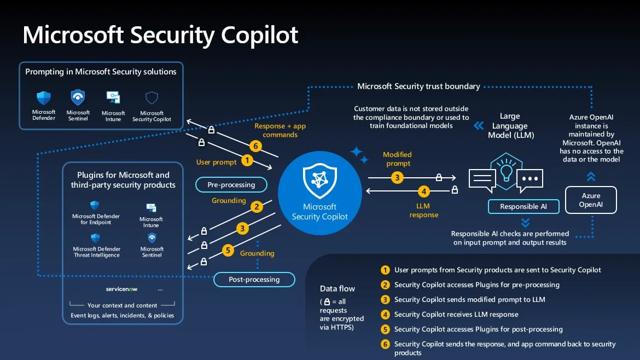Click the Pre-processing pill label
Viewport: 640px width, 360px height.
pyautogui.click(x=231, y=185)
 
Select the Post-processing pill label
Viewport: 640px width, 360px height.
pyautogui.click(x=254, y=279)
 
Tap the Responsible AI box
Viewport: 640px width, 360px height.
pyautogui.click(x=523, y=206)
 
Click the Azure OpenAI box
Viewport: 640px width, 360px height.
pyautogui.click(x=591, y=200)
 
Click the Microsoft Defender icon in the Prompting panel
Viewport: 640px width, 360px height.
pyautogui.click(x=44, y=98)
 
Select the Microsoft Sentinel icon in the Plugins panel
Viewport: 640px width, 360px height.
pyautogui.click(x=152, y=238)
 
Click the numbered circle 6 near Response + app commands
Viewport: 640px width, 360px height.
pyautogui.click(x=254, y=146)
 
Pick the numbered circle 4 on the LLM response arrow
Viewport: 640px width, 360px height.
pyautogui.click(x=423, y=191)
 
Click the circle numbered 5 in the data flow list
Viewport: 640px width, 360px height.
pyautogui.click(x=386, y=329)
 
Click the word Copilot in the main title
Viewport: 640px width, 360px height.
pyautogui.click(x=260, y=34)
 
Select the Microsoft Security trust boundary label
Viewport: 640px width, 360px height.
pyautogui.click(x=418, y=86)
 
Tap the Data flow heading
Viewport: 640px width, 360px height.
pyautogui.click(x=337, y=289)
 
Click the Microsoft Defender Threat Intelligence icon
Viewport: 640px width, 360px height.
pyautogui.click(x=95, y=238)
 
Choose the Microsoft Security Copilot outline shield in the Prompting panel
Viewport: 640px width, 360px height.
pyautogui.click(x=152, y=98)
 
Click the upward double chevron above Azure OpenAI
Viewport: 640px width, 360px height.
pyautogui.click(x=591, y=176)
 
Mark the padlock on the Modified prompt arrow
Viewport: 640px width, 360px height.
pyautogui.click(x=439, y=177)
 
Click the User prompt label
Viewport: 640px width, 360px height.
pyautogui.click(x=217, y=162)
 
